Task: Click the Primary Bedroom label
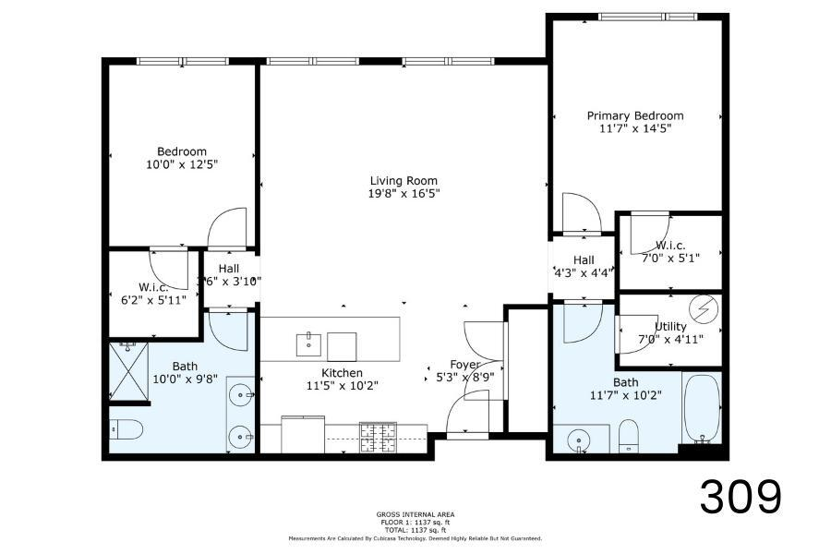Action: tap(635, 115)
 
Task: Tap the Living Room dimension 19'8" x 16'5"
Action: tap(403, 194)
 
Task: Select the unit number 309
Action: tap(741, 498)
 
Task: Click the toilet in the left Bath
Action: tap(126, 429)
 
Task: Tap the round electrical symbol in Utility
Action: tap(705, 307)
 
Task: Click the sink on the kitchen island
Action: tap(308, 345)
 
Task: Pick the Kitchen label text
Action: tap(317, 373)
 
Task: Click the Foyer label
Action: tap(464, 364)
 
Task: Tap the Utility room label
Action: tap(670, 326)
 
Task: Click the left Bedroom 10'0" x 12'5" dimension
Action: tap(182, 164)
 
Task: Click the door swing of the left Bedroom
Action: tap(228, 229)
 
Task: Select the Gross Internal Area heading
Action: tap(415, 514)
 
